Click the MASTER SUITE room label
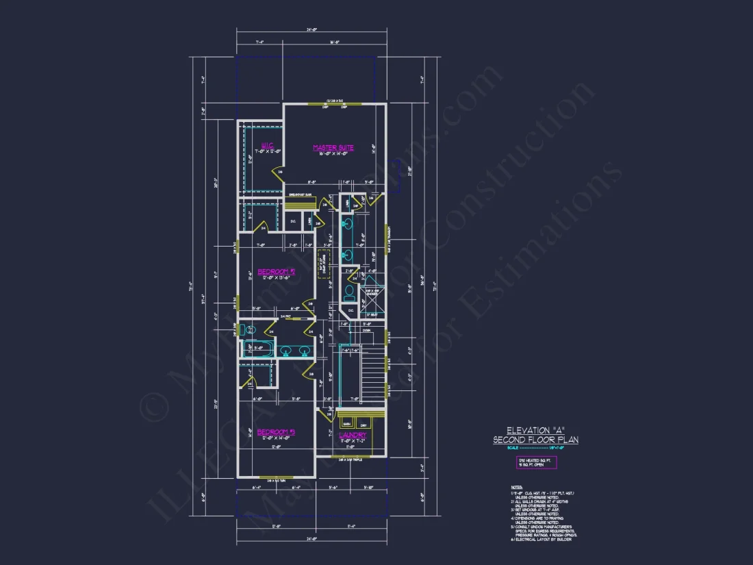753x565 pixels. (x=333, y=147)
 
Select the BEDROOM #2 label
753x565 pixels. (x=276, y=272)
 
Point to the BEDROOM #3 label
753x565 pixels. (x=276, y=432)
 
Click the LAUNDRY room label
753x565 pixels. (x=353, y=435)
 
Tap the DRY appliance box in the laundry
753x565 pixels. (x=363, y=421)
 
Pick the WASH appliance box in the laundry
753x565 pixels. (x=346, y=421)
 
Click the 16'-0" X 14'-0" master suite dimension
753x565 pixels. (x=333, y=154)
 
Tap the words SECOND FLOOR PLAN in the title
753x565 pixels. (x=535, y=440)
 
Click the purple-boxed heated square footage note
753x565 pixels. (x=536, y=463)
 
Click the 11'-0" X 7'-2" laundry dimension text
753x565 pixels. (x=353, y=442)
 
